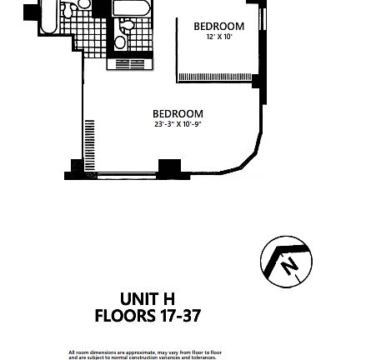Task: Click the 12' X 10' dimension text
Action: [x=218, y=37]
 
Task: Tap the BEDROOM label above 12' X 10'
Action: [x=218, y=26]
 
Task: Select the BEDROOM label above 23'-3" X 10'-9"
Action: [x=178, y=114]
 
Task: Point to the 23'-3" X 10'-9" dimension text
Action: [x=178, y=125]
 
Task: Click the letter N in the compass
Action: [x=288, y=266]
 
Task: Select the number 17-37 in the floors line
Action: [x=179, y=316]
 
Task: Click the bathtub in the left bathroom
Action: [x=48, y=17]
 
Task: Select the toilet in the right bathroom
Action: [x=120, y=42]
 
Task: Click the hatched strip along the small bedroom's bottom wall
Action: [x=216, y=77]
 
